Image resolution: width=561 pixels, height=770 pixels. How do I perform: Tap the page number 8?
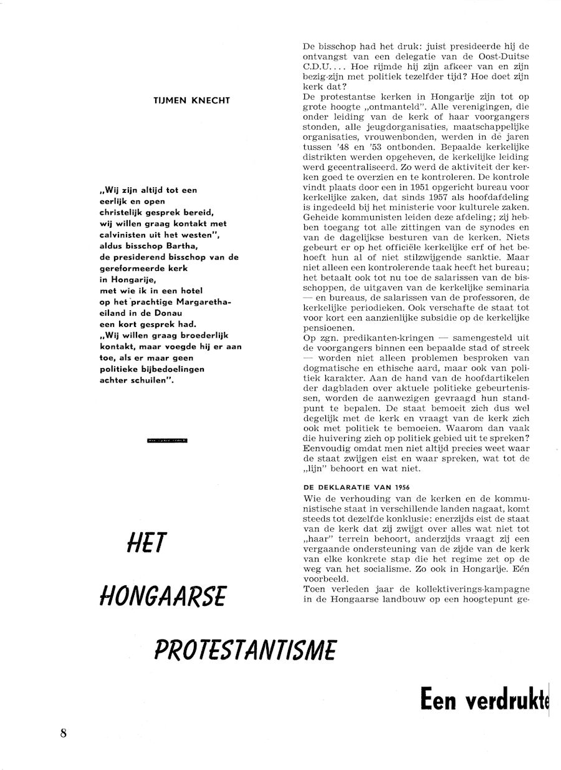pyautogui.click(x=64, y=733)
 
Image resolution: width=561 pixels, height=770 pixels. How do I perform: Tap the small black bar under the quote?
pyautogui.click(x=168, y=441)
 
